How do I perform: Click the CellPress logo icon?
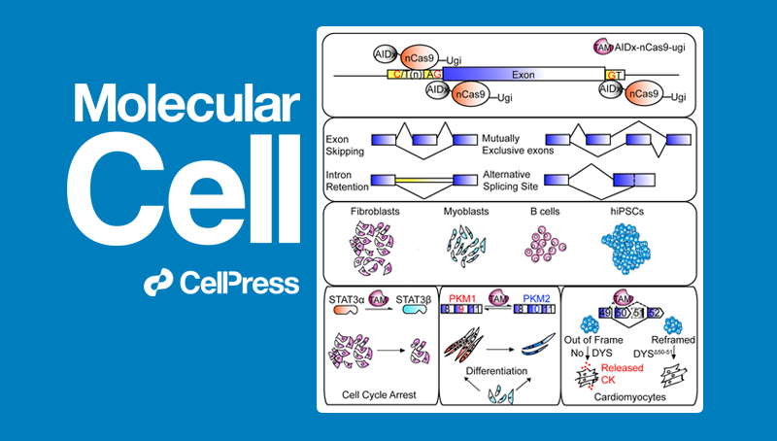pyautogui.click(x=158, y=284)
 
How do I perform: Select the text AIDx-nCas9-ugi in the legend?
pyautogui.click(x=650, y=47)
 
